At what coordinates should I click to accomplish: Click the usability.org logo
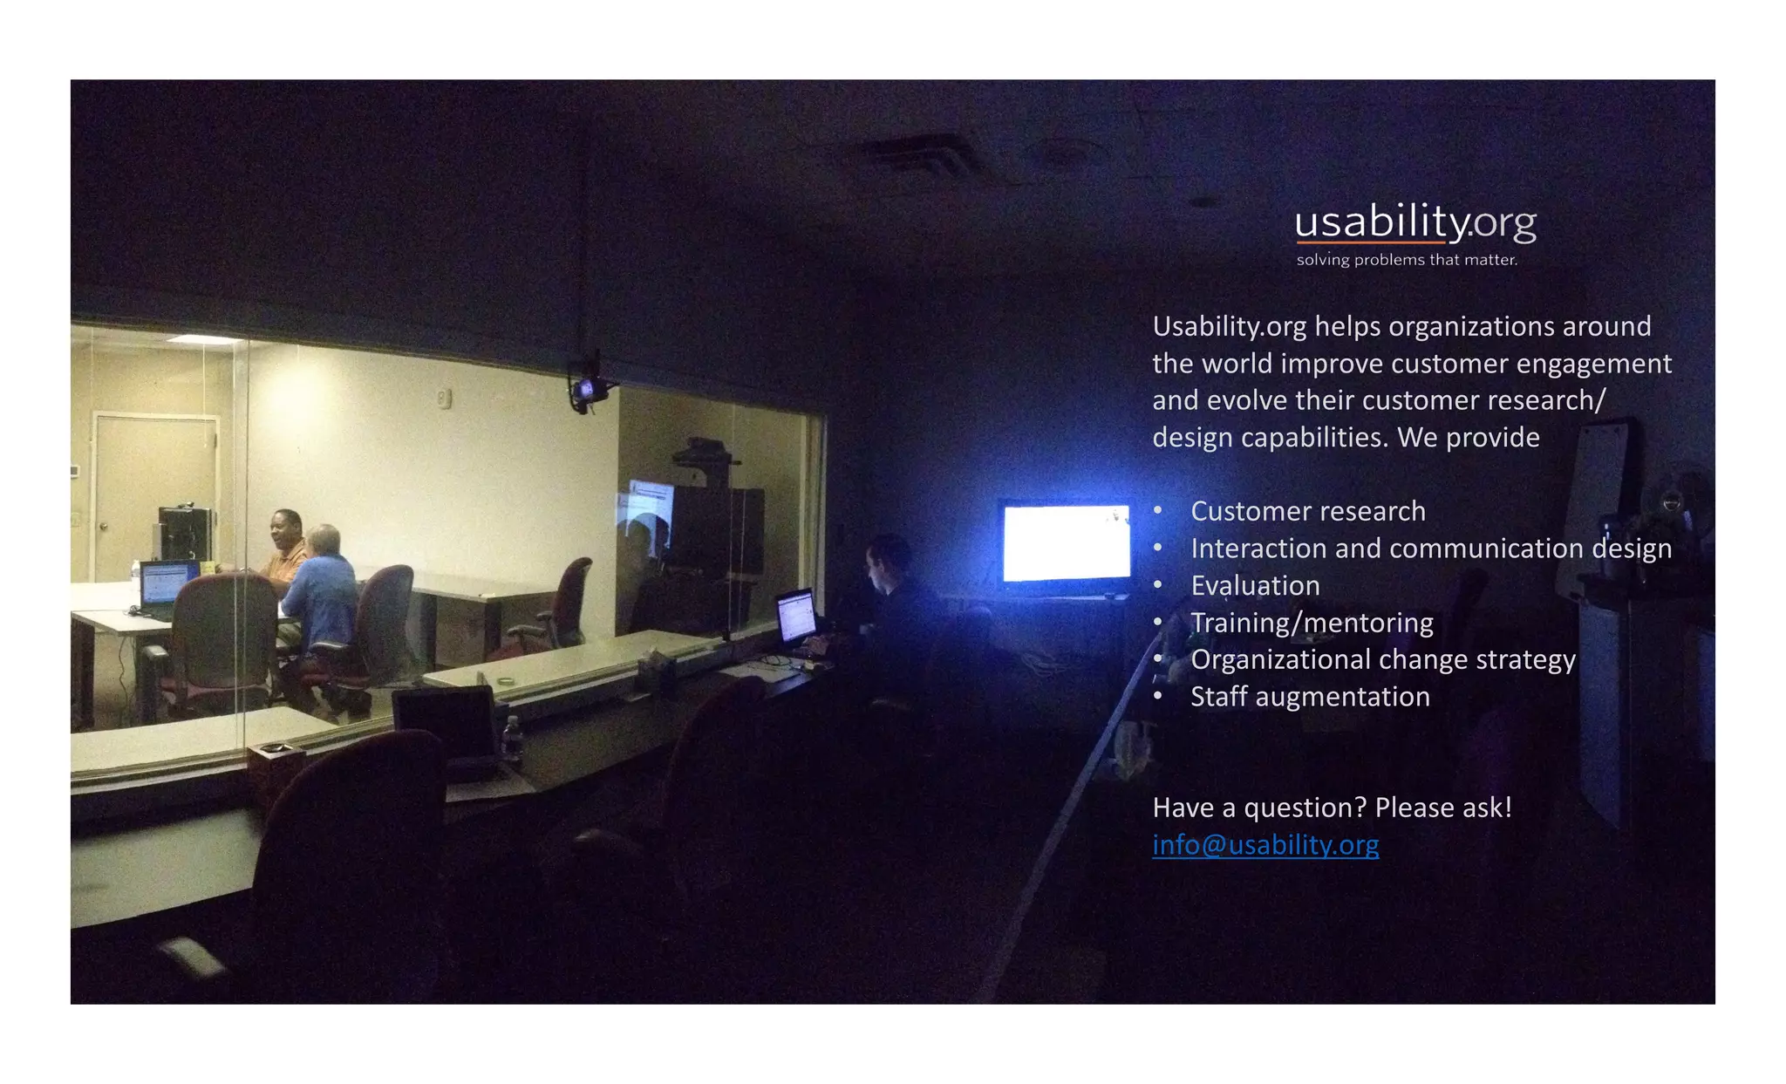[x=1414, y=223]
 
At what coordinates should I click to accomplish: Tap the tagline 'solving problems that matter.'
[x=1407, y=260]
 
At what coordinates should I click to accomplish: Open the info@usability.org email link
[x=1265, y=844]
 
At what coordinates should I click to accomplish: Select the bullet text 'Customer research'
[x=1307, y=511]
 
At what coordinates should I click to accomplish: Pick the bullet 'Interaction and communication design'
[x=1430, y=549]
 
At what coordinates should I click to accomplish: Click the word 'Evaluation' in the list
[x=1255, y=585]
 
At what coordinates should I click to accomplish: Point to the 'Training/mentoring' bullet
[x=1312, y=623]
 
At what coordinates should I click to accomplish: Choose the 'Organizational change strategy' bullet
[x=1382, y=659]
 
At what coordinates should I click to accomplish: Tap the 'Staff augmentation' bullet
[x=1310, y=697]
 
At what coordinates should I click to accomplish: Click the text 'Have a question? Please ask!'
[x=1332, y=808]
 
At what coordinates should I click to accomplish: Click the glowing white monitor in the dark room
[x=1066, y=542]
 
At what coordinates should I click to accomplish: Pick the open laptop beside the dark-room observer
[x=795, y=616]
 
